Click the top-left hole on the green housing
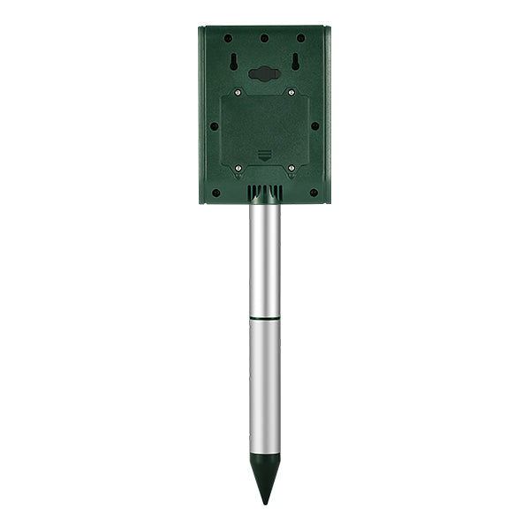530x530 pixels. [228, 39]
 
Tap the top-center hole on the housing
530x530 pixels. [264, 39]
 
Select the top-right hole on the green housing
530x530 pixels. [301, 39]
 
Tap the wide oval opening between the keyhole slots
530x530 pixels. [264, 74]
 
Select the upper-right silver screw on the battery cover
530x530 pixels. [291, 92]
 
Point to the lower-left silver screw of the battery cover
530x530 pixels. [238, 166]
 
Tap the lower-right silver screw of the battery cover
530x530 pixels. [291, 166]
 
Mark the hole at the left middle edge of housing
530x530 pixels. [214, 125]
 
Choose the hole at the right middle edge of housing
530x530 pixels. [315, 125]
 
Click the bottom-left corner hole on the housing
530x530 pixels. [215, 192]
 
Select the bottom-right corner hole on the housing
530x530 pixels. [314, 192]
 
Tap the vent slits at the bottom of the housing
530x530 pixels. [264, 193]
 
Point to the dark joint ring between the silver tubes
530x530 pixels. [264, 317]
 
